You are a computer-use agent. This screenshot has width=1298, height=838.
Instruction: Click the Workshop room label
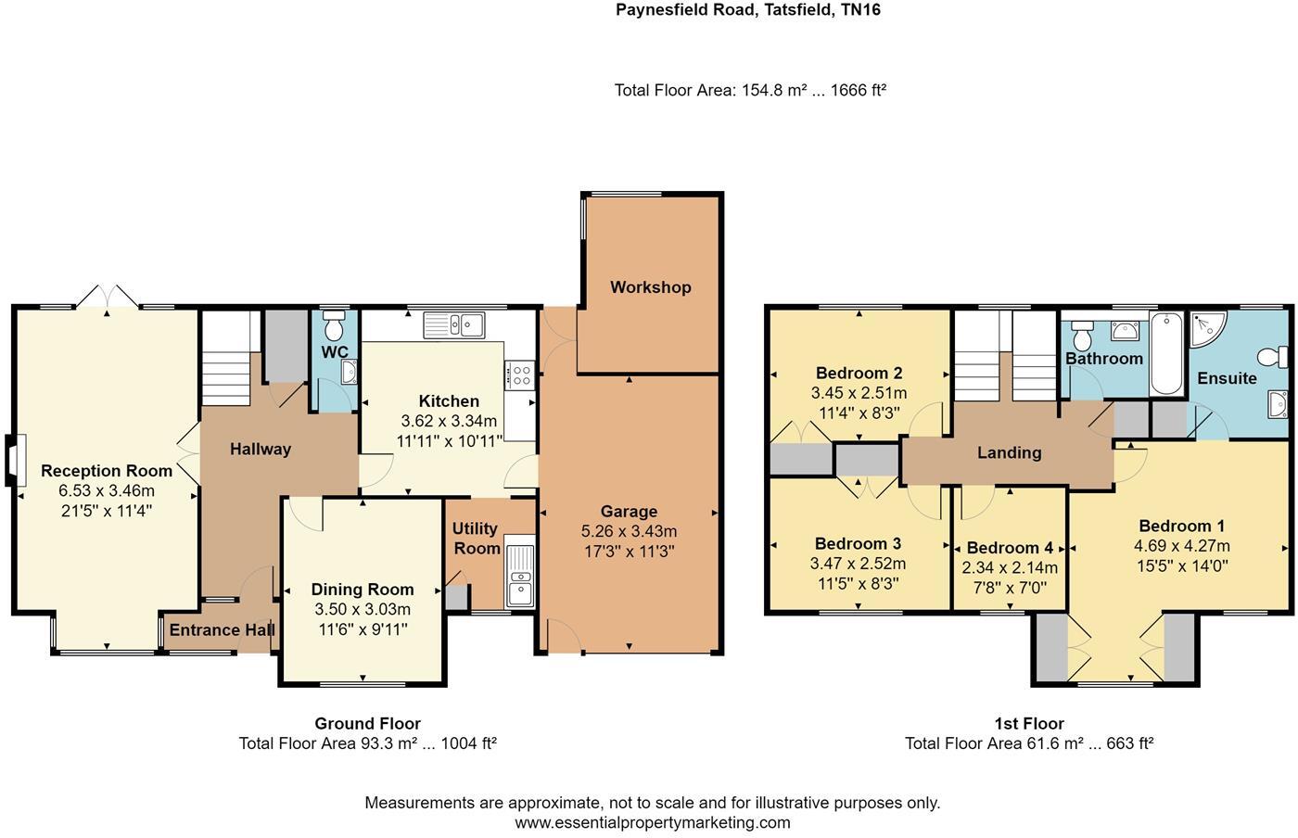pyautogui.click(x=650, y=287)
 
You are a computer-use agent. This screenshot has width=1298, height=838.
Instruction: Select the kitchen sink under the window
pyautogui.click(x=454, y=324)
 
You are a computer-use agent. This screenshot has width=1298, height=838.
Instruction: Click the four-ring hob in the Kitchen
pyautogui.click(x=519, y=375)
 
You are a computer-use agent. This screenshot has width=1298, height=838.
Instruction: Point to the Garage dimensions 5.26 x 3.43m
pyautogui.click(x=629, y=531)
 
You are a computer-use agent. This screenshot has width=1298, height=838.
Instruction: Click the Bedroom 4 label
pyautogui.click(x=1010, y=548)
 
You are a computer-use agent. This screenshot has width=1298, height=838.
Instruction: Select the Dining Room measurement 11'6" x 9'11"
pyautogui.click(x=362, y=628)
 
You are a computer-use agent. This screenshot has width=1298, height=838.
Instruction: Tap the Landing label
pyautogui.click(x=1009, y=452)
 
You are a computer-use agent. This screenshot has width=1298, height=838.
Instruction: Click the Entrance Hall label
pyautogui.click(x=222, y=630)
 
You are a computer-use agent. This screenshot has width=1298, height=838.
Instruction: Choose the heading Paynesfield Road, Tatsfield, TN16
pyautogui.click(x=748, y=11)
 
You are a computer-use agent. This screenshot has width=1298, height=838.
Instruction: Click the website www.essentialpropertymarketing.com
pyautogui.click(x=652, y=822)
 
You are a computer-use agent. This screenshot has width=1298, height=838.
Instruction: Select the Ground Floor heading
pyautogui.click(x=367, y=724)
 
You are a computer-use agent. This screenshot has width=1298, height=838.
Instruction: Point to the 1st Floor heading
pyautogui.click(x=1028, y=724)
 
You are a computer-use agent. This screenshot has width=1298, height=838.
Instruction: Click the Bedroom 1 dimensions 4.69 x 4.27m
pyautogui.click(x=1182, y=546)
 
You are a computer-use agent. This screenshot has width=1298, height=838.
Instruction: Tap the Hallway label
pyautogui.click(x=261, y=449)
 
